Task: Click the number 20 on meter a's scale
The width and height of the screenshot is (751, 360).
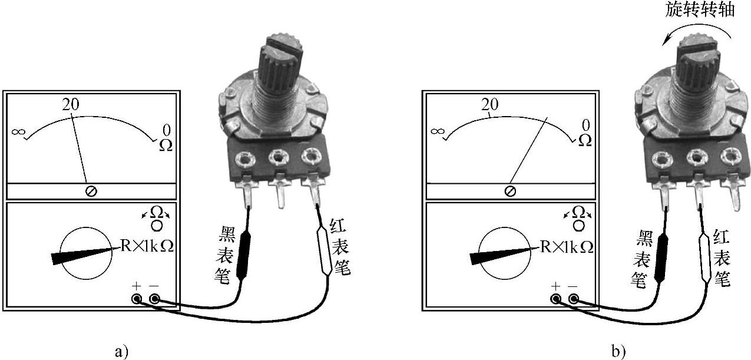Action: click(x=71, y=105)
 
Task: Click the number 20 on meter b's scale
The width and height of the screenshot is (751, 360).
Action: click(x=490, y=105)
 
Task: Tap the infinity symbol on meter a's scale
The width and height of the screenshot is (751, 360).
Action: click(x=18, y=132)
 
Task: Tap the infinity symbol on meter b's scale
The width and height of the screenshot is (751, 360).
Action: click(x=436, y=131)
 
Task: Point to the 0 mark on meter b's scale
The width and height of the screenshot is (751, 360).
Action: click(x=585, y=125)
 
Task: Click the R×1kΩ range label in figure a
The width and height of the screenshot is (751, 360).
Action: click(x=147, y=246)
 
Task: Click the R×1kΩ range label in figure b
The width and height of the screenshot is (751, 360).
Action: click(x=567, y=247)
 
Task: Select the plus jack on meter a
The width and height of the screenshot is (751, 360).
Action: click(x=137, y=299)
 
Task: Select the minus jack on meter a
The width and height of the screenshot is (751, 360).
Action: click(x=154, y=299)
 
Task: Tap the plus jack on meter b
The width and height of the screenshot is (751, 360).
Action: click(x=556, y=299)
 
